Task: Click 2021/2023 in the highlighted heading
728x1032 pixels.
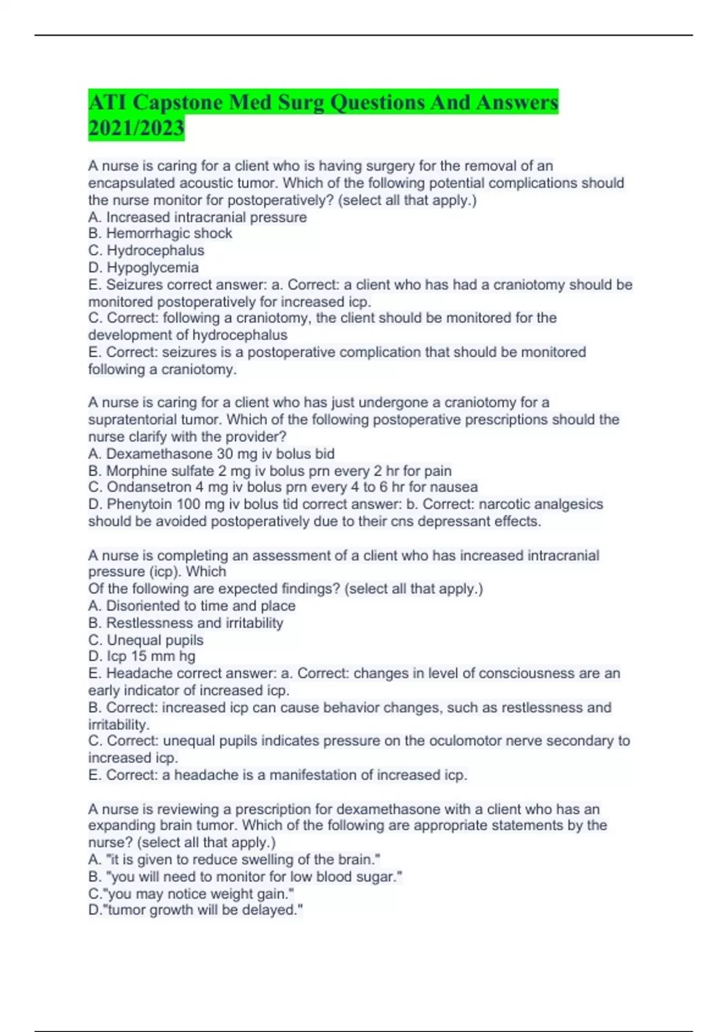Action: (136, 128)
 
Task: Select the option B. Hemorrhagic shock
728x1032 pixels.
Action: (160, 234)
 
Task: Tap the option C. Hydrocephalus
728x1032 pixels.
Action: (146, 251)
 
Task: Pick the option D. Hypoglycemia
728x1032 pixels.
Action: (143, 268)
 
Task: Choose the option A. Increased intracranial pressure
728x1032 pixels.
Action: (197, 217)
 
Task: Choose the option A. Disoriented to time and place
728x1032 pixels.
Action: (192, 606)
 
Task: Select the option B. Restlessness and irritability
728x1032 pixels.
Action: (186, 623)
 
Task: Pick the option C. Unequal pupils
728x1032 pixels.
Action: (146, 640)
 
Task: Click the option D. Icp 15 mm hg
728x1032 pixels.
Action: (141, 656)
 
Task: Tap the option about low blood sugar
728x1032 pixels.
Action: (245, 877)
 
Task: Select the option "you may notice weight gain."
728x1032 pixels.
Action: (191, 894)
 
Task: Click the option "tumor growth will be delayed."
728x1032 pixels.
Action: (195, 910)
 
